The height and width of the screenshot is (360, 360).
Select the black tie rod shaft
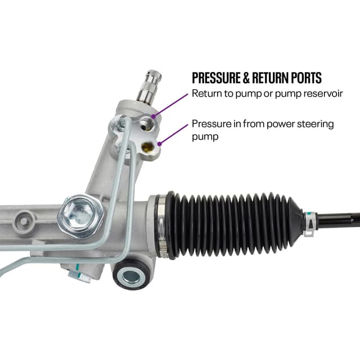[337, 221]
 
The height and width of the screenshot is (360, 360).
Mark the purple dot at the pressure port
[160, 143]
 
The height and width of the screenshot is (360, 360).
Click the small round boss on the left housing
[25, 218]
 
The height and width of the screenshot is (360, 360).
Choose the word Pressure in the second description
[211, 123]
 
